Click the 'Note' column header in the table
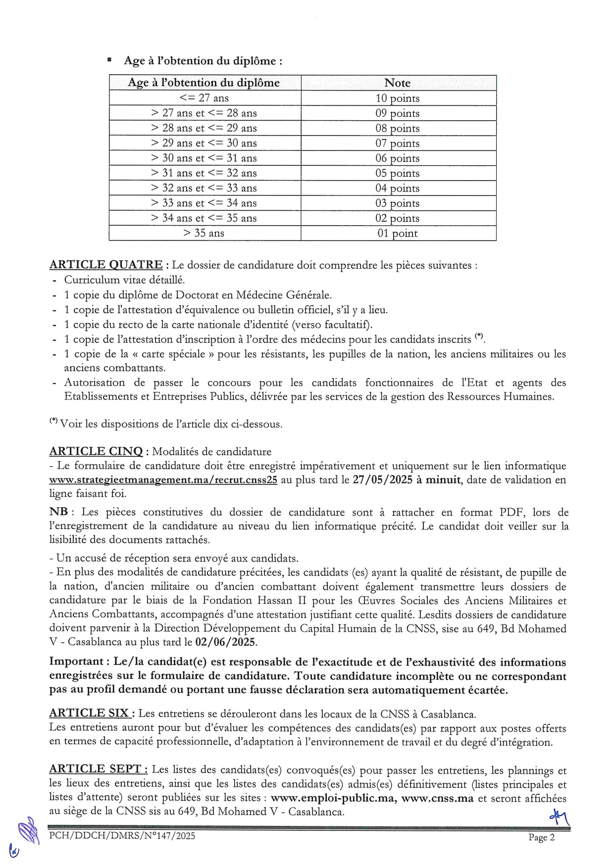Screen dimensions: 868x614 (x=397, y=83)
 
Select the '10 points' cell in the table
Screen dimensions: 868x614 (x=397, y=98)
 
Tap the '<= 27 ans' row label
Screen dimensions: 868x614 (x=204, y=98)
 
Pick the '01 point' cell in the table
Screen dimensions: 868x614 (x=397, y=234)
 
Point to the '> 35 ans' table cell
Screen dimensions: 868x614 (x=204, y=233)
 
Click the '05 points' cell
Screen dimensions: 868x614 (x=397, y=173)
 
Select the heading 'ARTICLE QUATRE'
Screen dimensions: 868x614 (x=106, y=265)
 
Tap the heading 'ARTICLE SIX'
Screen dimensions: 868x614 (x=90, y=713)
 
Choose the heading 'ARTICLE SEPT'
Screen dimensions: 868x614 (x=98, y=769)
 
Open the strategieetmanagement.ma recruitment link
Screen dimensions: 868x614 (x=163, y=480)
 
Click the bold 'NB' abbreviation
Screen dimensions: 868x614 (x=58, y=512)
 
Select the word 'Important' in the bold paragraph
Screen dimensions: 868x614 (x=76, y=662)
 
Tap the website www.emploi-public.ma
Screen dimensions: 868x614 (x=333, y=798)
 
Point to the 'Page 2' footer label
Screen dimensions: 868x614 (x=541, y=837)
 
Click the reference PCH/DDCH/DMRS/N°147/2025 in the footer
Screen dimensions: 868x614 (x=122, y=836)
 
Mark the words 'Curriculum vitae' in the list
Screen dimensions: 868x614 (x=103, y=280)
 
